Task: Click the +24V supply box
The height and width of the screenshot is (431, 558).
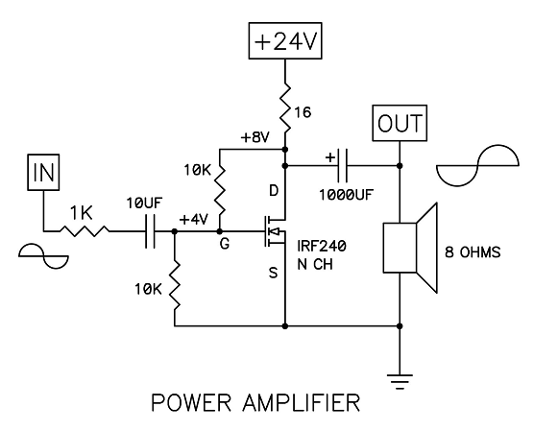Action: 285,41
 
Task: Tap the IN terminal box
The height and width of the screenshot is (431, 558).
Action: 43,172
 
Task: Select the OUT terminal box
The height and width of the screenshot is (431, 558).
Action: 400,123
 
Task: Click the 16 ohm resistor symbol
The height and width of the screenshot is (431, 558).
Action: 285,108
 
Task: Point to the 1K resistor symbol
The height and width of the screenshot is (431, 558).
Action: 84,231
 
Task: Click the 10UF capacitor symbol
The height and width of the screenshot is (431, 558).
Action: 151,231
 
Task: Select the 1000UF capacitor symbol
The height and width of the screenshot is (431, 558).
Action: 342,166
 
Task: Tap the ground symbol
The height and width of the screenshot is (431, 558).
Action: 400,382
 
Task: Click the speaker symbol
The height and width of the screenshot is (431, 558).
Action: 410,248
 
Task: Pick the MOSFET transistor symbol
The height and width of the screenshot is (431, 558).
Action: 275,231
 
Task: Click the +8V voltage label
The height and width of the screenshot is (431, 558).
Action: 255,137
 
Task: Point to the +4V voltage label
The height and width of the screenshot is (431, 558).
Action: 194,220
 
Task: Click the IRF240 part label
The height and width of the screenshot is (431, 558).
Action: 322,246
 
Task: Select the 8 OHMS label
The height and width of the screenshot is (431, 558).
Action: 473,252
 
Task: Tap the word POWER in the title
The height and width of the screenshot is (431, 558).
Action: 191,402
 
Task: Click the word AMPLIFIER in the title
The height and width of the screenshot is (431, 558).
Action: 302,402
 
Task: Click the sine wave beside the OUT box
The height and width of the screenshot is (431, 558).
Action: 477,165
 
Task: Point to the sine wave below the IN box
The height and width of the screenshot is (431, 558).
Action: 43,256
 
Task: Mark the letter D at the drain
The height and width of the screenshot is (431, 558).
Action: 274,191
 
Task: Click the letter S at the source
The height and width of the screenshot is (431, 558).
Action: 274,273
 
